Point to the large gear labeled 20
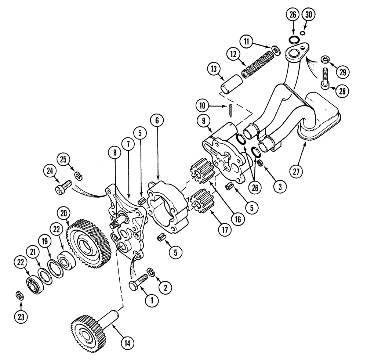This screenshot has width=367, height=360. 89,240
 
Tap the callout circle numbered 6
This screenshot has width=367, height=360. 157,120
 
